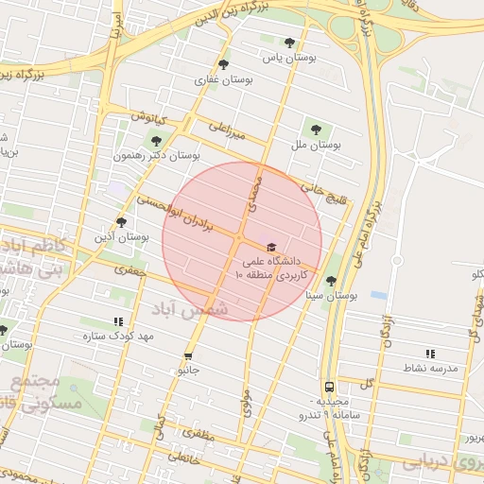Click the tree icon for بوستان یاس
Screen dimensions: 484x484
(288, 43)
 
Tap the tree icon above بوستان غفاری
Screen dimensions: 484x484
(223, 64)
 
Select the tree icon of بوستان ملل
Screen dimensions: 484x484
(316, 130)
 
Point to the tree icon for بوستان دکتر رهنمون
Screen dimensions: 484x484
(156, 140)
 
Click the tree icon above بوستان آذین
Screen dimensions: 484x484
(121, 221)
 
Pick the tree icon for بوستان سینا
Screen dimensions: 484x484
(331, 281)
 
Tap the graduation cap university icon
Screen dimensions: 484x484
(272, 246)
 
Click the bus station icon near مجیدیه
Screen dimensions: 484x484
(329, 387)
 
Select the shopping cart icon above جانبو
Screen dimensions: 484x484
(188, 356)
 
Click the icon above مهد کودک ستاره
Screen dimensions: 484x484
(117, 321)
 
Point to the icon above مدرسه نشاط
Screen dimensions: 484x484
(430, 353)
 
